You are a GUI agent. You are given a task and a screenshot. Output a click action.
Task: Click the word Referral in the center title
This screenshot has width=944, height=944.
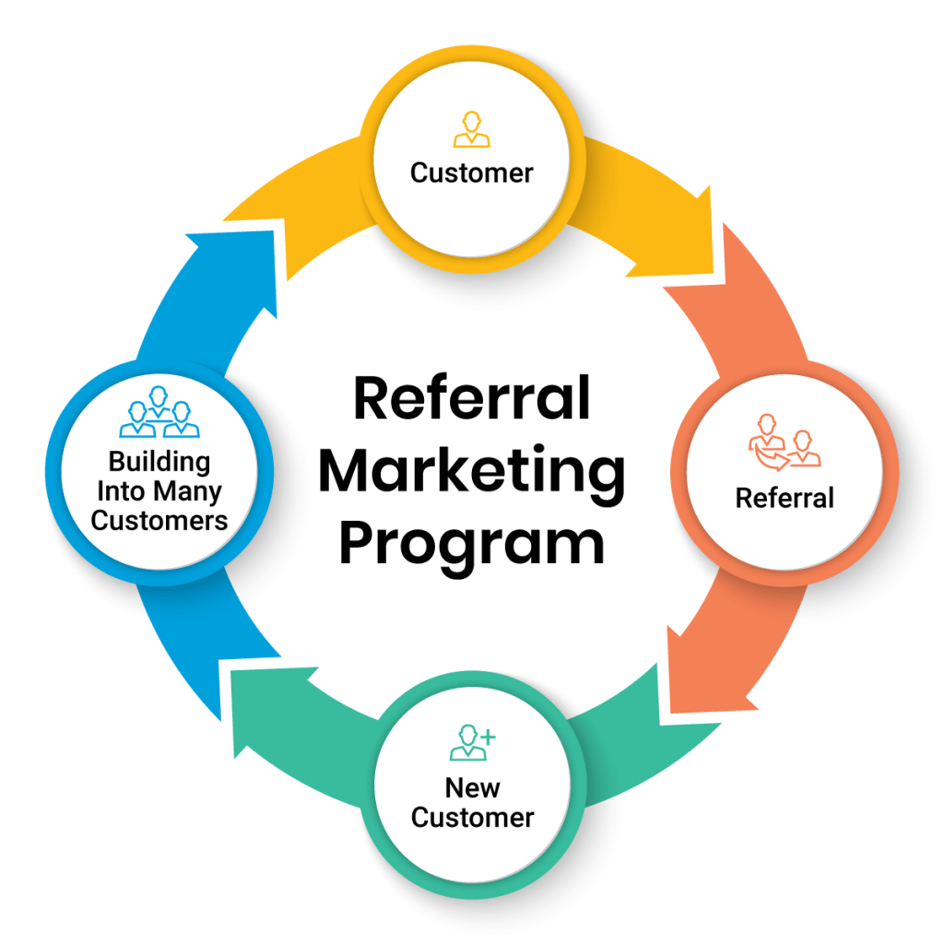[471, 399]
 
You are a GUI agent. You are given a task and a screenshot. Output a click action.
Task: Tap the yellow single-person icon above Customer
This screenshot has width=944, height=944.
[472, 130]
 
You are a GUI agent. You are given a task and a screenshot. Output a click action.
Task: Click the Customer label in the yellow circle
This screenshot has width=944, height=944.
[472, 172]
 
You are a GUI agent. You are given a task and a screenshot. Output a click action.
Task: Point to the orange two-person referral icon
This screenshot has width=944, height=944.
[784, 442]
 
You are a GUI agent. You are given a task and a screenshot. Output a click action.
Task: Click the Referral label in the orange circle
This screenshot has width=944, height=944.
[785, 498]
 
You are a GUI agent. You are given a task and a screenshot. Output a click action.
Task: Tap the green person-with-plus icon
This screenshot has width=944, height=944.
[472, 742]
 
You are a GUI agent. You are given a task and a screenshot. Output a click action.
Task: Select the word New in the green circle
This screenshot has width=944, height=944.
[472, 788]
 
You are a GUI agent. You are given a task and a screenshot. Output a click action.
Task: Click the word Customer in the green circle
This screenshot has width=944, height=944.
[472, 817]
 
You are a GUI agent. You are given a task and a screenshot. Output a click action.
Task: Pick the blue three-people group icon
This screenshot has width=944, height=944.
[159, 414]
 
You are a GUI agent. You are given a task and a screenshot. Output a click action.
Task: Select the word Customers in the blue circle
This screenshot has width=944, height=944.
[159, 520]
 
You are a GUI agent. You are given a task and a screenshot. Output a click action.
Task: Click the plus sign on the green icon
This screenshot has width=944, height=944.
[489, 735]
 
